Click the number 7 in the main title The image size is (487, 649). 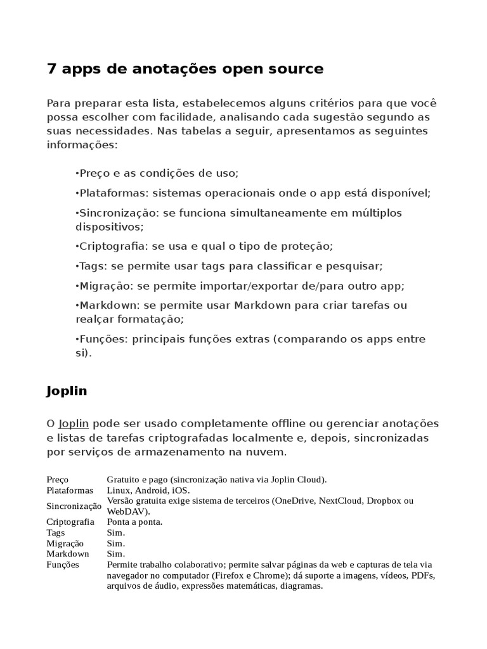point(51,69)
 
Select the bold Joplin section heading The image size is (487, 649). point(67,391)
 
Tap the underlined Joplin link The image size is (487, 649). point(73,423)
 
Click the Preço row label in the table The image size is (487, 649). point(58,480)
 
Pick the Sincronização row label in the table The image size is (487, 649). point(74,506)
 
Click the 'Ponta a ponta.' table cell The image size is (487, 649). point(135,522)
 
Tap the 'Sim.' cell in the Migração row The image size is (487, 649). point(116,543)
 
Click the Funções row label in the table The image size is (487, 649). point(63,564)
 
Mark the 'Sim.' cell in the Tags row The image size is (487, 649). point(116,532)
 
